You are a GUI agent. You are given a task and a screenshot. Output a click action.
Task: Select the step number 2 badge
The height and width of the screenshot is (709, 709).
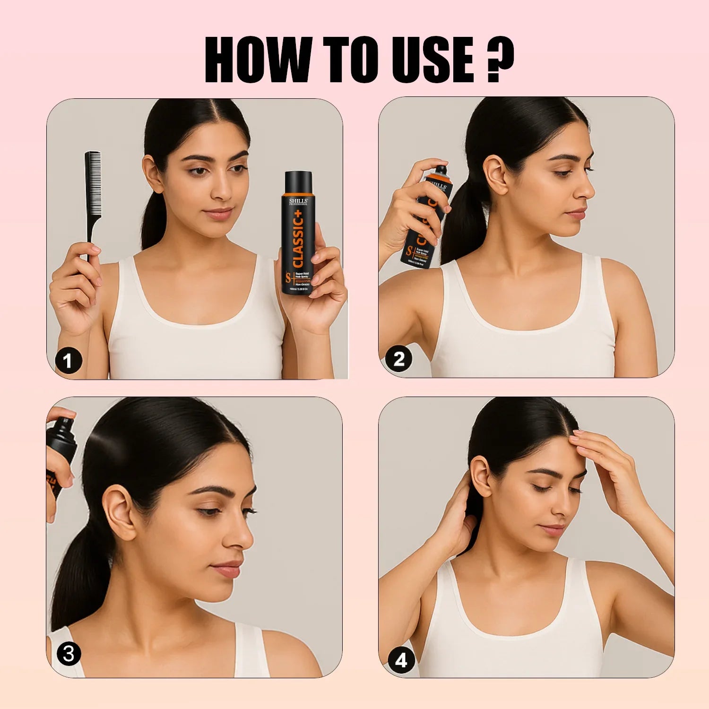tap(399, 359)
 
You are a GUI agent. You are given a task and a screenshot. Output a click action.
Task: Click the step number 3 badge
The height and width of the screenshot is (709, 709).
tap(69, 654)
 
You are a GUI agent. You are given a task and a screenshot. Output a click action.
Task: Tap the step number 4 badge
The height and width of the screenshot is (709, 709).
tap(401, 660)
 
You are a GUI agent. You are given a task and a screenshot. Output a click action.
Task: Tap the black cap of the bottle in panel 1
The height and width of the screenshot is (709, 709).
tap(298, 182)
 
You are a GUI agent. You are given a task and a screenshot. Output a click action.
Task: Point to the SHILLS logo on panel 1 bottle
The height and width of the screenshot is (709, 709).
tap(298, 202)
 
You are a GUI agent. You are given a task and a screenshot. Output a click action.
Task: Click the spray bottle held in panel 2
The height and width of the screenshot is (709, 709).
tap(425, 217)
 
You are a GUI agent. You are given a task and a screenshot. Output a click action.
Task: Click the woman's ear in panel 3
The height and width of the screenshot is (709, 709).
tap(118, 513)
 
